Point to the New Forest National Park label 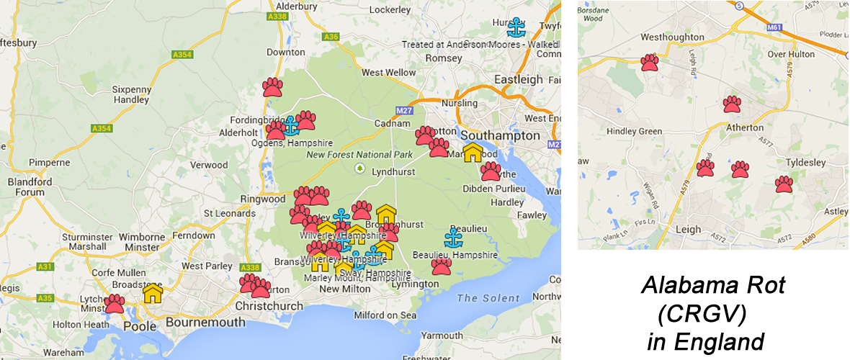pyautogui.click(x=359, y=154)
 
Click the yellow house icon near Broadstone pyautogui.click(x=152, y=293)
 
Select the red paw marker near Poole pyautogui.click(x=115, y=303)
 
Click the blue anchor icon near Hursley pyautogui.click(x=516, y=27)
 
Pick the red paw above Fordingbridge pyautogui.click(x=272, y=87)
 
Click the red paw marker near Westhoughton pyautogui.click(x=650, y=63)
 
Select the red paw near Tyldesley pyautogui.click(x=784, y=184)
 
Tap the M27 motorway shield pyautogui.click(x=403, y=110)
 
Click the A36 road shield pyautogui.click(x=331, y=37)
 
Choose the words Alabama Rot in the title pyautogui.click(x=712, y=286)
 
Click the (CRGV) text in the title pyautogui.click(x=702, y=313)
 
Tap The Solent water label pyautogui.click(x=488, y=298)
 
